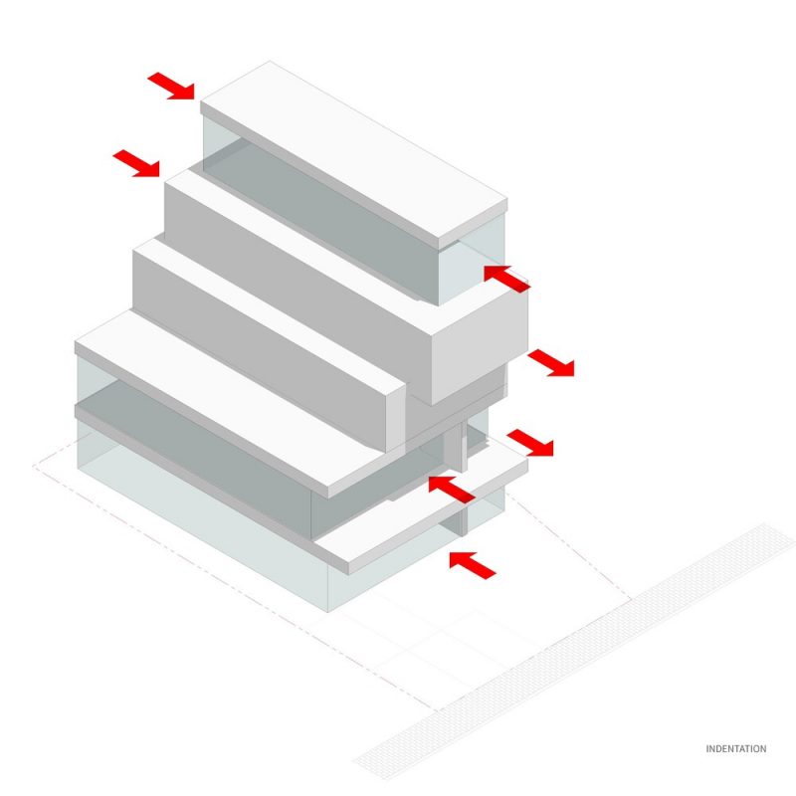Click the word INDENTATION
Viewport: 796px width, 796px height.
click(735, 749)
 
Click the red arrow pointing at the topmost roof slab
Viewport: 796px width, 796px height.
click(171, 86)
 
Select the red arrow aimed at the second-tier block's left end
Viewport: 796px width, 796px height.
click(136, 163)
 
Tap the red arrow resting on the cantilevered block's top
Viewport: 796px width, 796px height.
click(506, 279)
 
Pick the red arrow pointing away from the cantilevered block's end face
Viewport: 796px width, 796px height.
click(551, 363)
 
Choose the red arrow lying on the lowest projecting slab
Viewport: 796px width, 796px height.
click(452, 490)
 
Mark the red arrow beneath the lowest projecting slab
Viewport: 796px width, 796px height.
click(473, 565)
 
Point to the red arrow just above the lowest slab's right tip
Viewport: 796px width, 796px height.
click(530, 443)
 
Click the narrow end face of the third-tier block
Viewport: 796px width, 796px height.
click(396, 417)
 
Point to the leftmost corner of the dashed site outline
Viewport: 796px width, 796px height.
click(33, 466)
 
